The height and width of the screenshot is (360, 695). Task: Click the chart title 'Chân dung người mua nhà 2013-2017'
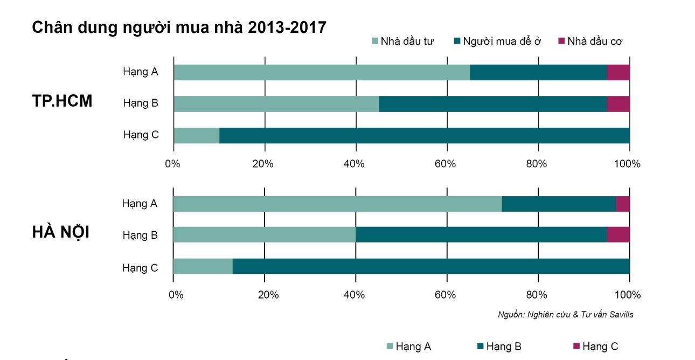tap(179, 27)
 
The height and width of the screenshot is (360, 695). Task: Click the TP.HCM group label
tap(62, 101)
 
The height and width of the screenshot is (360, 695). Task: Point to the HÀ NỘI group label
tap(61, 232)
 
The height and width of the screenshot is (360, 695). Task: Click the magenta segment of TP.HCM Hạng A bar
tap(618, 72)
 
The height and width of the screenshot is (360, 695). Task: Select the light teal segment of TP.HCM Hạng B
tap(276, 104)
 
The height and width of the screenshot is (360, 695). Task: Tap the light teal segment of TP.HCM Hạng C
tap(196, 135)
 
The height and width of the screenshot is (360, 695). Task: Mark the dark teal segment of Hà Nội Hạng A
tap(558, 204)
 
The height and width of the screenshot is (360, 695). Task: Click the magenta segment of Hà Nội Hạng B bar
tap(618, 234)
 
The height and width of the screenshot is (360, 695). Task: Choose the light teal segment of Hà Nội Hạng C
tap(203, 266)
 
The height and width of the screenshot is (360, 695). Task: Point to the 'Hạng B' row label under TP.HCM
tap(141, 102)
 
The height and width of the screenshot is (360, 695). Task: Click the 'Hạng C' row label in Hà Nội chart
tap(140, 267)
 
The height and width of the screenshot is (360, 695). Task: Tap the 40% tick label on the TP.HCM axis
tap(354, 164)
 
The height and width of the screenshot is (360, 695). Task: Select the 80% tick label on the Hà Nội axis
tap(537, 295)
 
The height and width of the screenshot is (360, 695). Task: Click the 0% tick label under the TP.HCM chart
tap(172, 164)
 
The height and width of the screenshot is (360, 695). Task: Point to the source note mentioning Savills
tap(565, 315)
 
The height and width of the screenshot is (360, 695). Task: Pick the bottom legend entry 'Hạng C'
tap(595, 347)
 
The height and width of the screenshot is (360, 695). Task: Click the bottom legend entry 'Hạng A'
tap(408, 347)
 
